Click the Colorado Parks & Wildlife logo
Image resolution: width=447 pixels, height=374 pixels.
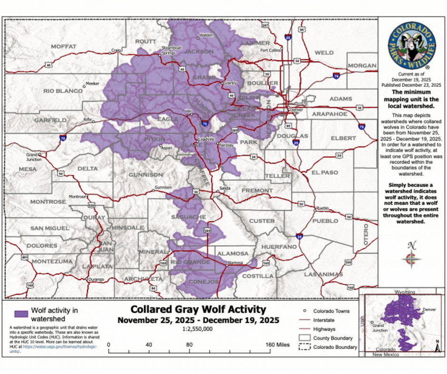coord(412,47)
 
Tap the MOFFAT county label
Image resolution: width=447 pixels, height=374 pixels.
coord(64,47)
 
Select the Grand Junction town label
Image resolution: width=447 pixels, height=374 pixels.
coord(32,156)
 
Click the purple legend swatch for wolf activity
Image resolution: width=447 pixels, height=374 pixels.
coord(20,314)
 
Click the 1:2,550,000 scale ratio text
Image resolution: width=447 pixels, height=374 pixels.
coord(198,328)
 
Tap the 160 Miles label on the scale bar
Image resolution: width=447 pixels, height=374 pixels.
coord(277,345)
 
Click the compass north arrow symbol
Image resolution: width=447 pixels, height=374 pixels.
coord(412,257)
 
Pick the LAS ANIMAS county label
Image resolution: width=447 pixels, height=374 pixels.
coord(323,274)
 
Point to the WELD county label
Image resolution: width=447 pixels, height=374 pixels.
coord(324,53)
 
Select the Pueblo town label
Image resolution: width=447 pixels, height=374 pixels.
coord(322,208)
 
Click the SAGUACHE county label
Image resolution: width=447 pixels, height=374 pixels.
coord(188,217)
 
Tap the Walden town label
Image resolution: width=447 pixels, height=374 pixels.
coord(206,35)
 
